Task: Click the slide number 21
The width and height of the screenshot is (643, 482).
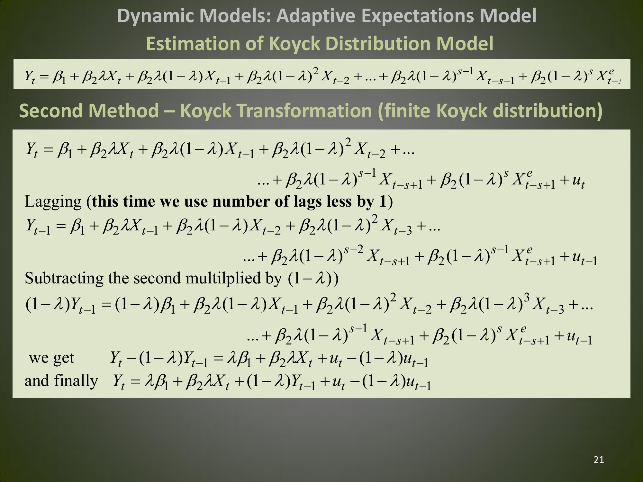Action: pyautogui.click(x=599, y=460)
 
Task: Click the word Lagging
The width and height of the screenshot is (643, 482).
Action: pyautogui.click(x=53, y=202)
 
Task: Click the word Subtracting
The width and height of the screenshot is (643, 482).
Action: pyautogui.click(x=64, y=278)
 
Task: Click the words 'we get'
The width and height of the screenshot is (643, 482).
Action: pyautogui.click(x=51, y=358)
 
